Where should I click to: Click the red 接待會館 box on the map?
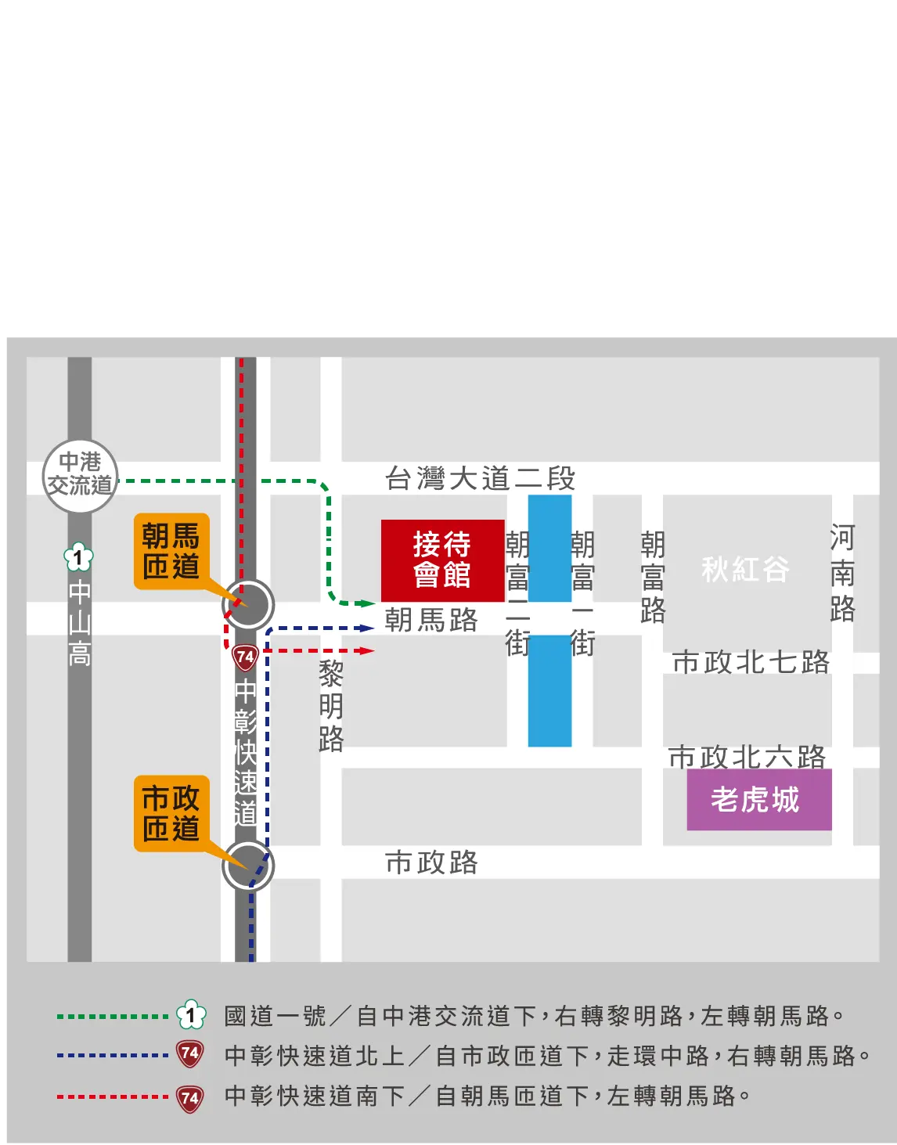(442, 560)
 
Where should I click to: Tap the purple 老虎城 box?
(758, 799)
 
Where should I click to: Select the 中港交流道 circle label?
(80, 475)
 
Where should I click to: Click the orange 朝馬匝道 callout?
(171, 550)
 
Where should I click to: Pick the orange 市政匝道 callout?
(171, 812)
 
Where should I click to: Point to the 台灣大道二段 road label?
(480, 477)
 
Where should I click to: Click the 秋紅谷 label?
(745, 569)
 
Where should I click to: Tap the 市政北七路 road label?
(751, 662)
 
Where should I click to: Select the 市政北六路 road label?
(747, 757)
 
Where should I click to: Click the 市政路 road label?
(431, 862)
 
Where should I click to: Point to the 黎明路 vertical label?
(331, 705)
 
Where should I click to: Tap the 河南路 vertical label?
(842, 573)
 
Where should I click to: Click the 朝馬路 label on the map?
(430, 620)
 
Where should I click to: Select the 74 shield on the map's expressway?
(246, 656)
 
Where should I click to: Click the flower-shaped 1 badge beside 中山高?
(78, 558)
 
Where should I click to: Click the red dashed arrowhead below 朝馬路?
(366, 650)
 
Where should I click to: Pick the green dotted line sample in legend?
(112, 1016)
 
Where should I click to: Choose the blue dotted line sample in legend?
(112, 1055)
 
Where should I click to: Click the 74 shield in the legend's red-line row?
(190, 1097)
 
